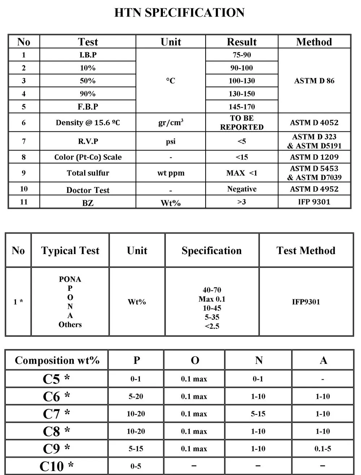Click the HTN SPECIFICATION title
click(x=179, y=13)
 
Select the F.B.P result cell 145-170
click(x=242, y=107)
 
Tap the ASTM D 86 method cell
click(x=314, y=81)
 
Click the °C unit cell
click(x=171, y=81)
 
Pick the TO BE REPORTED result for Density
click(x=242, y=123)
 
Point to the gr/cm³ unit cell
click(x=171, y=123)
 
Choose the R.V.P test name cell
click(x=88, y=141)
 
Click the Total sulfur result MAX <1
click(x=242, y=173)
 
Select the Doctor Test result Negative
click(x=242, y=189)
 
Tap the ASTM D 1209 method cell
click(x=314, y=157)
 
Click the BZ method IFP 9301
click(x=314, y=202)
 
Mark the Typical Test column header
click(x=70, y=250)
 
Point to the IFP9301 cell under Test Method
click(x=306, y=302)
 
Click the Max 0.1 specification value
click(x=212, y=299)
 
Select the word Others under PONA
click(x=70, y=324)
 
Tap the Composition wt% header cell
click(x=57, y=360)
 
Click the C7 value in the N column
click(x=258, y=414)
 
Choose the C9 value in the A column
click(x=323, y=449)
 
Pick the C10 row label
click(x=56, y=466)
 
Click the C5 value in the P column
click(x=136, y=379)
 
